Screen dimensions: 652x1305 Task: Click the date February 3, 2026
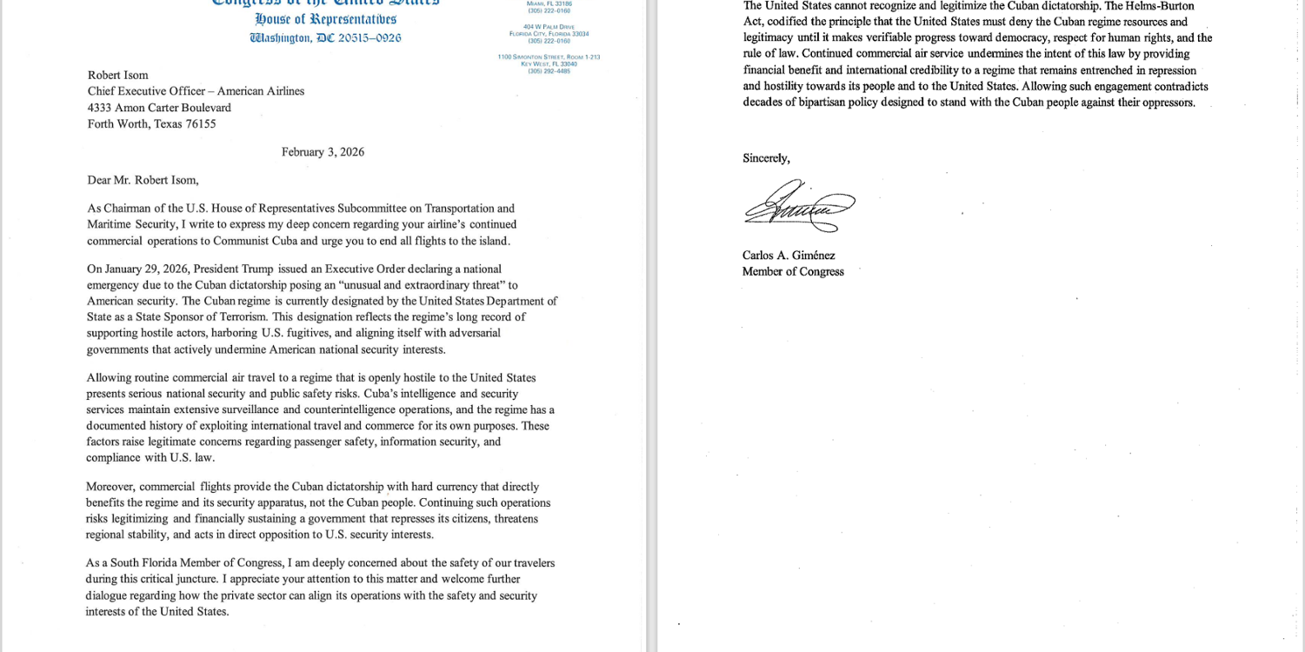coord(323,152)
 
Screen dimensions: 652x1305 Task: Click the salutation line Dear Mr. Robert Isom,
coord(143,181)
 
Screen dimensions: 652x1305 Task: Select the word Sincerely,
coord(766,158)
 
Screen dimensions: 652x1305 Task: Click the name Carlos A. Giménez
coord(789,256)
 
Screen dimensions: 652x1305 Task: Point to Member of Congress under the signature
coord(793,271)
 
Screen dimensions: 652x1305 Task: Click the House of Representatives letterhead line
coord(325,19)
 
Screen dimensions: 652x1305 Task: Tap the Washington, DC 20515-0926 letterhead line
coord(325,38)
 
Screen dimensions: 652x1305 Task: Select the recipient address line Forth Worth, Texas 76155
coord(151,123)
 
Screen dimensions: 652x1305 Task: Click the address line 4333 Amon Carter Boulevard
coord(159,108)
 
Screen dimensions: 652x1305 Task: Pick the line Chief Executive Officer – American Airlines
coord(196,91)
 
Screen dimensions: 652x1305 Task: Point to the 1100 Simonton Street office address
coord(549,57)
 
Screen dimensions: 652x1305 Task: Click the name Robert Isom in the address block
coord(117,76)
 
